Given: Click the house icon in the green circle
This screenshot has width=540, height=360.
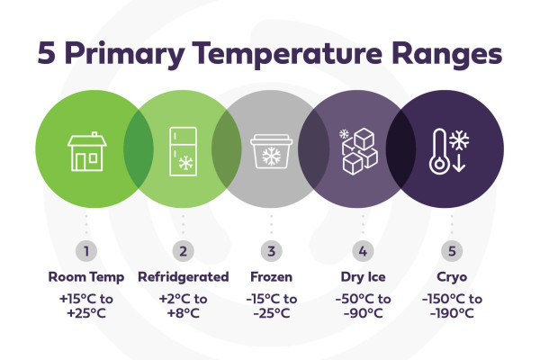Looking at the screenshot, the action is (x=86, y=151).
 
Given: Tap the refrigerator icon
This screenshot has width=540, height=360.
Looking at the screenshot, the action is (x=184, y=151).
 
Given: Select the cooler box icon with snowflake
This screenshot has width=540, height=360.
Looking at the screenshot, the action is (x=272, y=151).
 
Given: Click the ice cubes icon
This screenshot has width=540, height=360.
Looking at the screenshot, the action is (x=359, y=151).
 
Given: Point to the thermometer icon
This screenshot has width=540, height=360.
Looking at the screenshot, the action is (x=439, y=151).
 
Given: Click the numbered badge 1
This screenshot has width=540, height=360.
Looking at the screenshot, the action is (x=86, y=251).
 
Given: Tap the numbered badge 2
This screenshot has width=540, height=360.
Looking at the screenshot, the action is (x=184, y=251).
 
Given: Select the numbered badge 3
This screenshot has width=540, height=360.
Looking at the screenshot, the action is (x=272, y=251).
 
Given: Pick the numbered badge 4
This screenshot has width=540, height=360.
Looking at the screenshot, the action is (x=363, y=251).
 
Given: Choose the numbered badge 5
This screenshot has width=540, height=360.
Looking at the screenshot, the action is (x=452, y=251).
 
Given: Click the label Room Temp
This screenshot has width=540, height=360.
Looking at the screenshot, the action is (x=86, y=277).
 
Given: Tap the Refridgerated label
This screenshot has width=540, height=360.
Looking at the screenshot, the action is (x=184, y=277).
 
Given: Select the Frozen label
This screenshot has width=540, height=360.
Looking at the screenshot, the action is (x=272, y=277).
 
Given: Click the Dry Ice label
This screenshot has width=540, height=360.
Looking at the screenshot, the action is (x=363, y=277).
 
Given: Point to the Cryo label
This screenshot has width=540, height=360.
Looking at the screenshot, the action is (x=452, y=277).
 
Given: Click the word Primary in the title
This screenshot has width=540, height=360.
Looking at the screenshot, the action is (x=124, y=54).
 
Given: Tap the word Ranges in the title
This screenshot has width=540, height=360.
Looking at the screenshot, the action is (x=446, y=55).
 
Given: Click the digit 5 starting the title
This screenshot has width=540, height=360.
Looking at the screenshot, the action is (x=47, y=53).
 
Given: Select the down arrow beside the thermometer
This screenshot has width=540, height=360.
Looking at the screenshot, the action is (x=459, y=163).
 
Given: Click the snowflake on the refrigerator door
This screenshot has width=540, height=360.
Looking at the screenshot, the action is (x=185, y=163).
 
